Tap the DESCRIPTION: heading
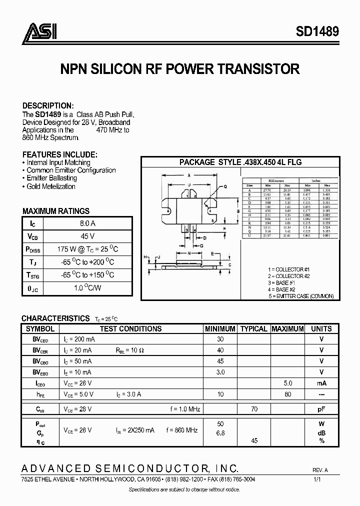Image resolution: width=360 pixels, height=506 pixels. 48,105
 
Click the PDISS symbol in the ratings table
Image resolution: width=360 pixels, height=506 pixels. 33,249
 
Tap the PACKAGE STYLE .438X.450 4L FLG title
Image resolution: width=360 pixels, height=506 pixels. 240,162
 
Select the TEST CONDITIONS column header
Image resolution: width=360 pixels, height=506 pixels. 130,329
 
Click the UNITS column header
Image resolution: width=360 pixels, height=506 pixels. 321,329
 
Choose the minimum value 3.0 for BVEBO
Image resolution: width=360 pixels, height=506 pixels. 220,372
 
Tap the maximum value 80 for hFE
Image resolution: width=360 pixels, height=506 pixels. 287,394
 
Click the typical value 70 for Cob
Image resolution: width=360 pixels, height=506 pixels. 254,409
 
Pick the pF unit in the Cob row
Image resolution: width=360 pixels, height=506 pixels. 321,409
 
